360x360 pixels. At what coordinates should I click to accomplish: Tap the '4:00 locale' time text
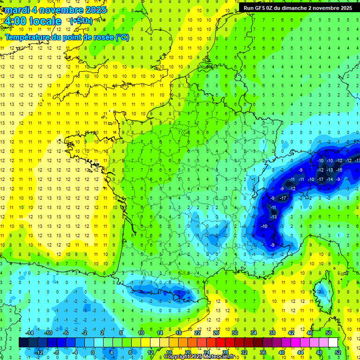click(32, 21)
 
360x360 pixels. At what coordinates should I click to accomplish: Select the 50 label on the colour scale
click(329, 333)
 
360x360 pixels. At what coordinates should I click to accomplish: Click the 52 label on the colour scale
click(338, 352)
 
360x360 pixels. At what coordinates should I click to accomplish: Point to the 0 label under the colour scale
click(92, 352)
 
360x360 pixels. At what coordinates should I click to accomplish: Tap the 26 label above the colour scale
click(216, 333)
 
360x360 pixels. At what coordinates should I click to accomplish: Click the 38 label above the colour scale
click(272, 333)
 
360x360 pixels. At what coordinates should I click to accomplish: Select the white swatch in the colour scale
click(333, 343)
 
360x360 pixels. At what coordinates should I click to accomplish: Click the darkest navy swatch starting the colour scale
click(23, 343)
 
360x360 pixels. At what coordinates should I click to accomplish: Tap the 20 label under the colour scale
click(187, 352)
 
